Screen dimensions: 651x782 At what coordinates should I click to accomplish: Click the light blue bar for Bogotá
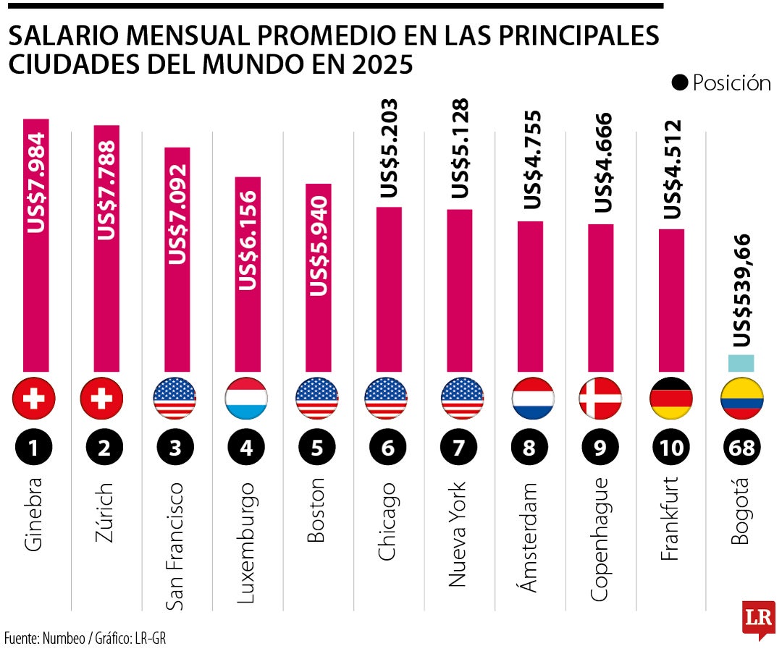(x=741, y=363)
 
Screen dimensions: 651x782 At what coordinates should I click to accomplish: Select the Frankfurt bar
(x=671, y=300)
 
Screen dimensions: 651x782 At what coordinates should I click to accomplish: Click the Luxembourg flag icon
(x=247, y=399)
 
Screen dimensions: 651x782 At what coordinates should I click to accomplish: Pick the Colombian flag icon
(x=742, y=399)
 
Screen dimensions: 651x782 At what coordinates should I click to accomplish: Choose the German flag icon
(x=671, y=399)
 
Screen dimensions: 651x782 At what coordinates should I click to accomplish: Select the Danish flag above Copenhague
(x=600, y=399)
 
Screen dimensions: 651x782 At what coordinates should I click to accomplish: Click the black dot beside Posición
(x=679, y=83)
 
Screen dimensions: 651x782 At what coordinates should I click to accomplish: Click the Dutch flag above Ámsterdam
(x=530, y=399)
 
